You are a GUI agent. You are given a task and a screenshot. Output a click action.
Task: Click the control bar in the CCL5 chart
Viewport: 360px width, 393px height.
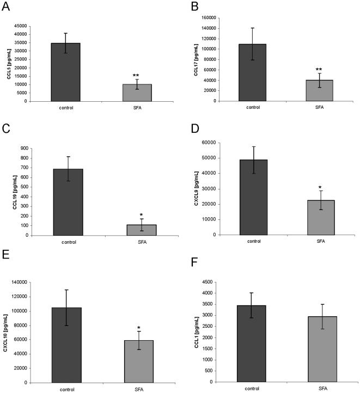(x=65, y=72)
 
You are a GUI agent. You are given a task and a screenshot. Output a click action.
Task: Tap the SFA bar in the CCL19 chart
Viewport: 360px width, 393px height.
(x=141, y=230)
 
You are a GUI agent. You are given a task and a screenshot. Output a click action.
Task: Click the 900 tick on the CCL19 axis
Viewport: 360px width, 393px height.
(x=25, y=148)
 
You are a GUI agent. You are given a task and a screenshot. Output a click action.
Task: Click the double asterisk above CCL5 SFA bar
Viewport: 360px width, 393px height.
(x=137, y=76)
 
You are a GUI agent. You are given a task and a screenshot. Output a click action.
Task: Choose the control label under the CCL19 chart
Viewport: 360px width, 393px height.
(x=68, y=242)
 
